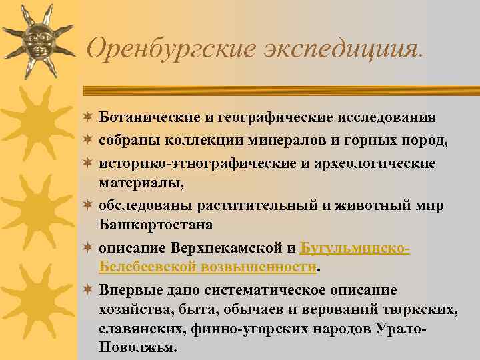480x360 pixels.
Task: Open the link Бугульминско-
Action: (355, 249)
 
